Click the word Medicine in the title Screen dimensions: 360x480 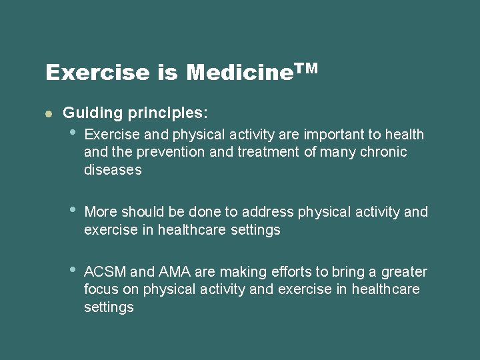240,72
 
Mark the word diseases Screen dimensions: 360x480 113,169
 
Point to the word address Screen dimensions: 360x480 267,212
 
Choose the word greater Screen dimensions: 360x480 403,272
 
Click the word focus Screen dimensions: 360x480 101,290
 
